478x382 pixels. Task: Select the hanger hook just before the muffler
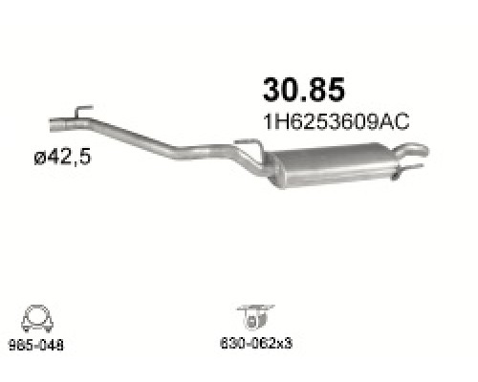pyautogui.click(x=245, y=145)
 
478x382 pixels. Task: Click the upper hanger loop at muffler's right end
pyautogui.click(x=411, y=149)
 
